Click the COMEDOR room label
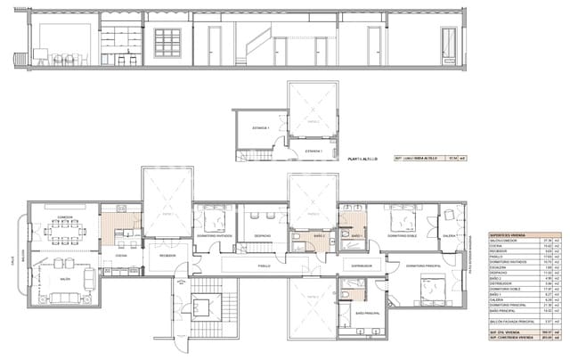63,217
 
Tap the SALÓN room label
64,279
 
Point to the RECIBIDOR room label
167,255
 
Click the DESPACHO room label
262,236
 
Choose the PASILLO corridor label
264,265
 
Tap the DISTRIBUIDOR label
360,266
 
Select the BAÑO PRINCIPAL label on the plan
367,315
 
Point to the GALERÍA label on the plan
450,237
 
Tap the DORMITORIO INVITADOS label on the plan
215,236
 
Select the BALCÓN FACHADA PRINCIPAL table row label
512,321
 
